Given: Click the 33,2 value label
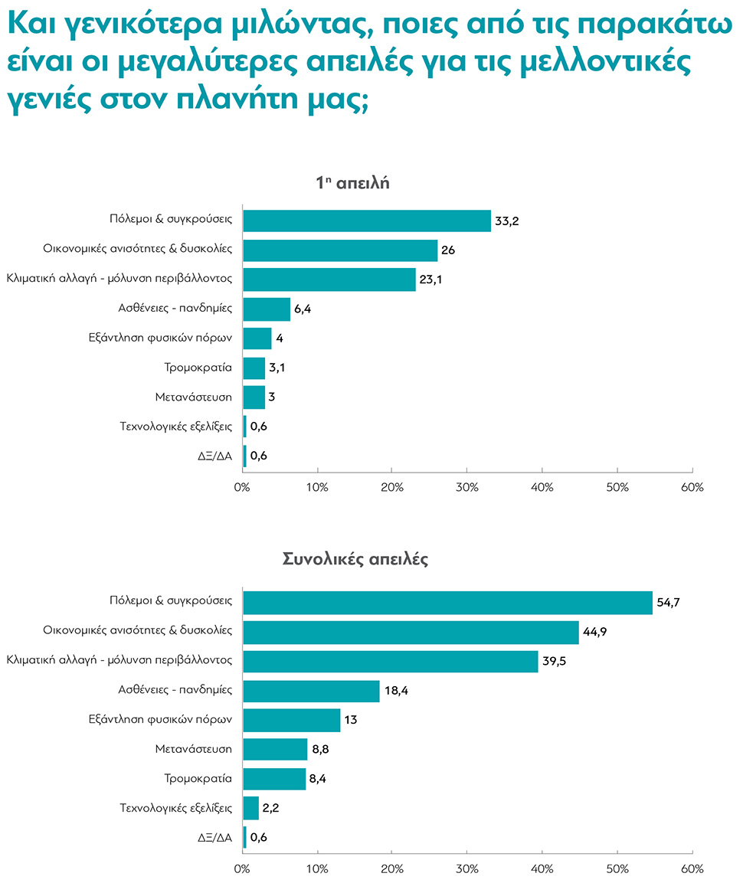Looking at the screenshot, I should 508,221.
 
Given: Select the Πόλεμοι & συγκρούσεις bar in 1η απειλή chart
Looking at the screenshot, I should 366,221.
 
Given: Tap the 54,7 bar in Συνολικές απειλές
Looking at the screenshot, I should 447,603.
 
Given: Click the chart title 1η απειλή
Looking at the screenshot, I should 353,183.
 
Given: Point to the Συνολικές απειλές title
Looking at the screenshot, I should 355,559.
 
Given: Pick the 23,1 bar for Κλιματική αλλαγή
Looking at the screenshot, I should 329,280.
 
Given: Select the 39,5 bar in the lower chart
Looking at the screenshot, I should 390,662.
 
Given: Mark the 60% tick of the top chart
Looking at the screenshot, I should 692,488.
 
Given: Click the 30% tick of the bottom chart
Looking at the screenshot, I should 467,869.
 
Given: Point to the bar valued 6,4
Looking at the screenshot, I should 266,309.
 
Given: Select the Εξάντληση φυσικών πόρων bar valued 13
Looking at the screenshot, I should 291,721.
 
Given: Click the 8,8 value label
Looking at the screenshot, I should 322,750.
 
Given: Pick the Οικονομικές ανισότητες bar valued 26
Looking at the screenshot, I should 339,250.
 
